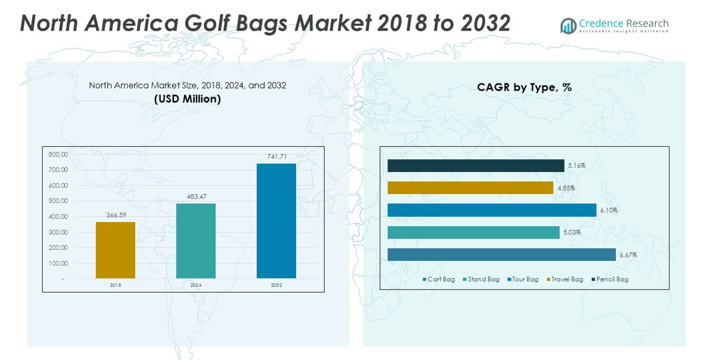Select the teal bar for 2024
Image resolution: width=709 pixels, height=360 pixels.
[196, 241]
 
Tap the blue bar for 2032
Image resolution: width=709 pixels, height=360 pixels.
[276, 221]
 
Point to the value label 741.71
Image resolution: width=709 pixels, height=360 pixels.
[276, 157]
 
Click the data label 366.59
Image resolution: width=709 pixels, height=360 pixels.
[115, 215]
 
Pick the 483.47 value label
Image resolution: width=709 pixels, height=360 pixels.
[196, 196]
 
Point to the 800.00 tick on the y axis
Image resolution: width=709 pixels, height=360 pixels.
[58, 154]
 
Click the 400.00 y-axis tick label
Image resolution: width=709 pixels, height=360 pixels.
[58, 217]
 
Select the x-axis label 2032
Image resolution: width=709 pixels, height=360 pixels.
[276, 285]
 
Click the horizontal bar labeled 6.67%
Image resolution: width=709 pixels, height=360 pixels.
[501, 255]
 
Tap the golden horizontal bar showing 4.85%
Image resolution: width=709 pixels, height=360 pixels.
[470, 188]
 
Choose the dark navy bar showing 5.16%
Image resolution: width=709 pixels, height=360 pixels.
[476, 165]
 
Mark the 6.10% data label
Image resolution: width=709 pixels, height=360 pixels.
[609, 210]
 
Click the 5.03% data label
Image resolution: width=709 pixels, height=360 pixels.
[572, 233]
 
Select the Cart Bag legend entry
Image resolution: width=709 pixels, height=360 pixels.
[439, 280]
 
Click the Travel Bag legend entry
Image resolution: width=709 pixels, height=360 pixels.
[565, 280]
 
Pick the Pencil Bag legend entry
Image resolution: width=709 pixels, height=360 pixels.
[610, 280]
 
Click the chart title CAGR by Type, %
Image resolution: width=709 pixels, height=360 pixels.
[524, 87]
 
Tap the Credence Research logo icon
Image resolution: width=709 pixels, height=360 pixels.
[568, 25]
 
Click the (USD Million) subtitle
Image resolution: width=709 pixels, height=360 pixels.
[187, 99]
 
